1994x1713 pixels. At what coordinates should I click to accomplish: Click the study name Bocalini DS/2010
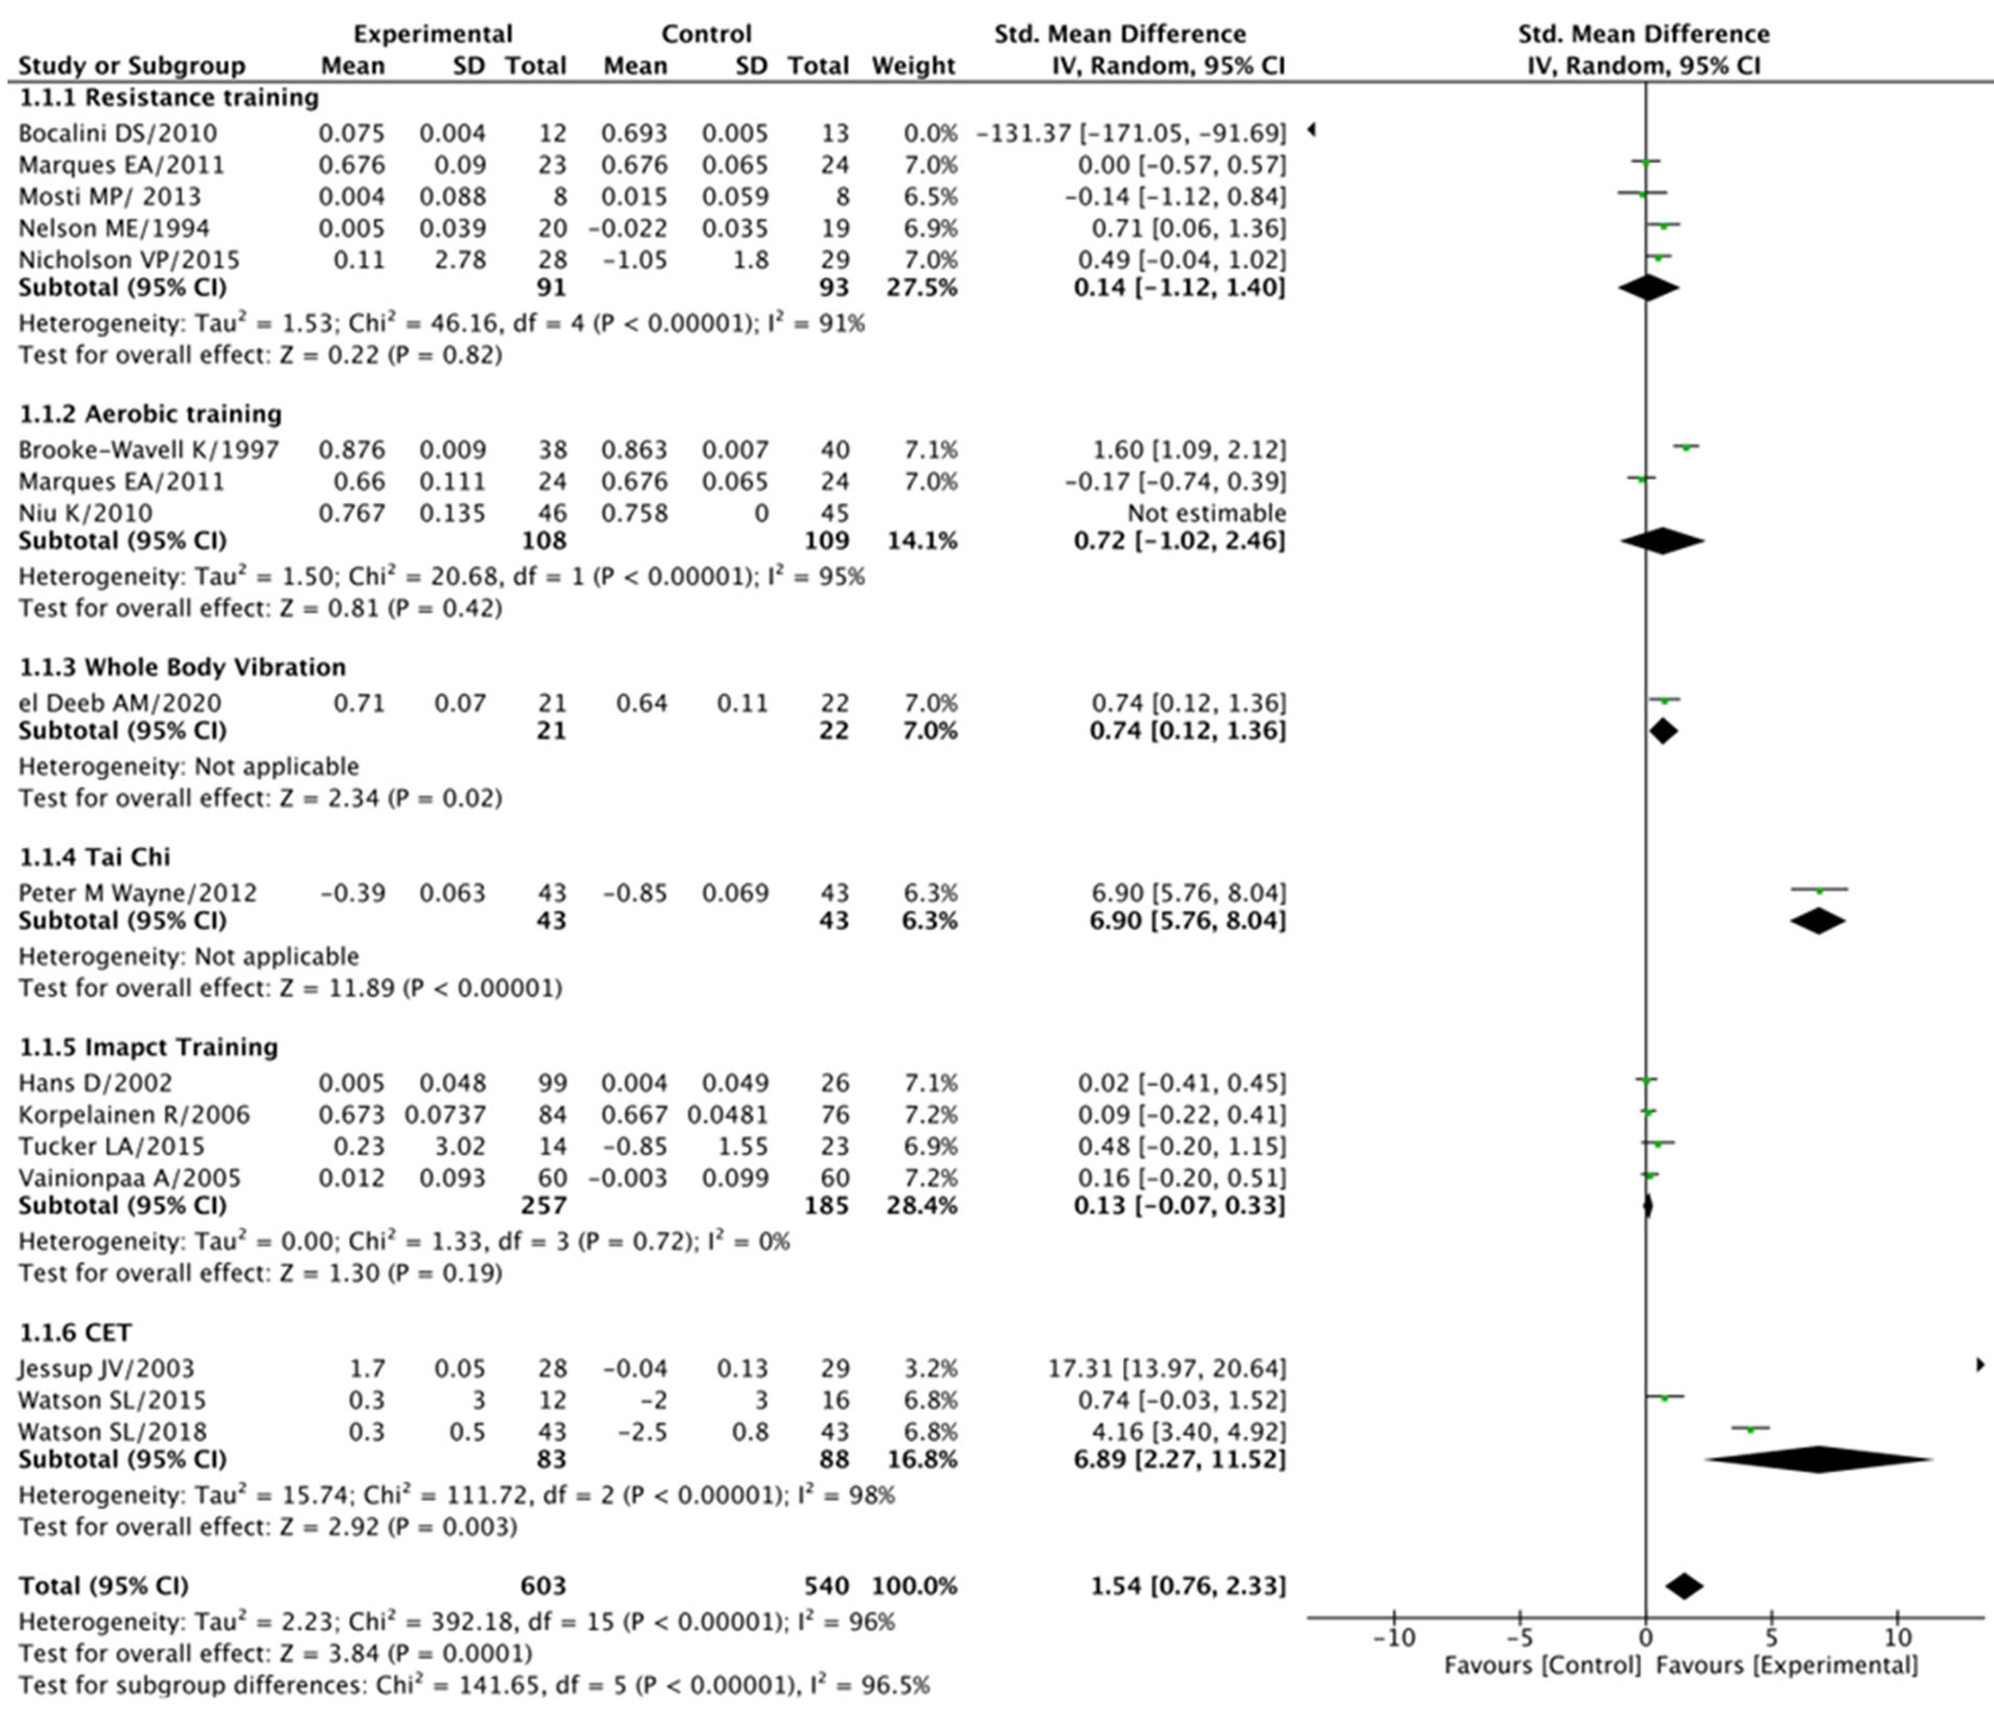117,133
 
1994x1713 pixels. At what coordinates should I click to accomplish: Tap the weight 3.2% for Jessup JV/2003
932,1367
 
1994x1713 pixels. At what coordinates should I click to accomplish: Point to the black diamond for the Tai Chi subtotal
1818,921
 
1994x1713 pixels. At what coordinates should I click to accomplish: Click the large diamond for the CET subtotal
1818,1459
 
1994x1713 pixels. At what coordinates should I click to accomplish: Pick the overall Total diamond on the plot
1684,1586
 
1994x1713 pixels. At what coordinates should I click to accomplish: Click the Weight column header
913,65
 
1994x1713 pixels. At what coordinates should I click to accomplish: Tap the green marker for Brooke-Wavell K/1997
1686,447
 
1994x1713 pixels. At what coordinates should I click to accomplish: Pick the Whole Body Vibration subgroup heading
182,667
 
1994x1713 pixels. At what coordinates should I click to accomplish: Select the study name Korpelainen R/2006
134,1114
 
